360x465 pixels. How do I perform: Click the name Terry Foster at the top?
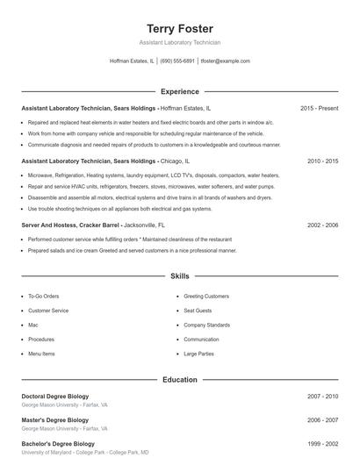179,28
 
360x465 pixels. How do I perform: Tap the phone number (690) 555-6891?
177,61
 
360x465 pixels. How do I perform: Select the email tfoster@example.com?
226,61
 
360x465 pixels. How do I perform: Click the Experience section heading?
179,91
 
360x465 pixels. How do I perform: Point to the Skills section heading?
179,276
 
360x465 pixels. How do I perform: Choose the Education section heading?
179,380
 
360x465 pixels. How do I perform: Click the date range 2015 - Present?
319,108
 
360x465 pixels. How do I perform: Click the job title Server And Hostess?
53,225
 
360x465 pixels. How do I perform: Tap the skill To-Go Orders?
43,297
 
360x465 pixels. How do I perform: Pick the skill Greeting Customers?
205,297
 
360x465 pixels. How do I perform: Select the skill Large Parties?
199,354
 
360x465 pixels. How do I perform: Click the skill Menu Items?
41,354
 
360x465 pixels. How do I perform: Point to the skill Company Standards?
208,325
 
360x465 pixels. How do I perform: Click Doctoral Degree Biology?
54,397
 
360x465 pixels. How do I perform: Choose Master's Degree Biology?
54,420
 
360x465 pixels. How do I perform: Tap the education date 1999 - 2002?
322,444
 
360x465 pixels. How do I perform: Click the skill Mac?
32,325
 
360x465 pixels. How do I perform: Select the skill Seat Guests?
198,311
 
